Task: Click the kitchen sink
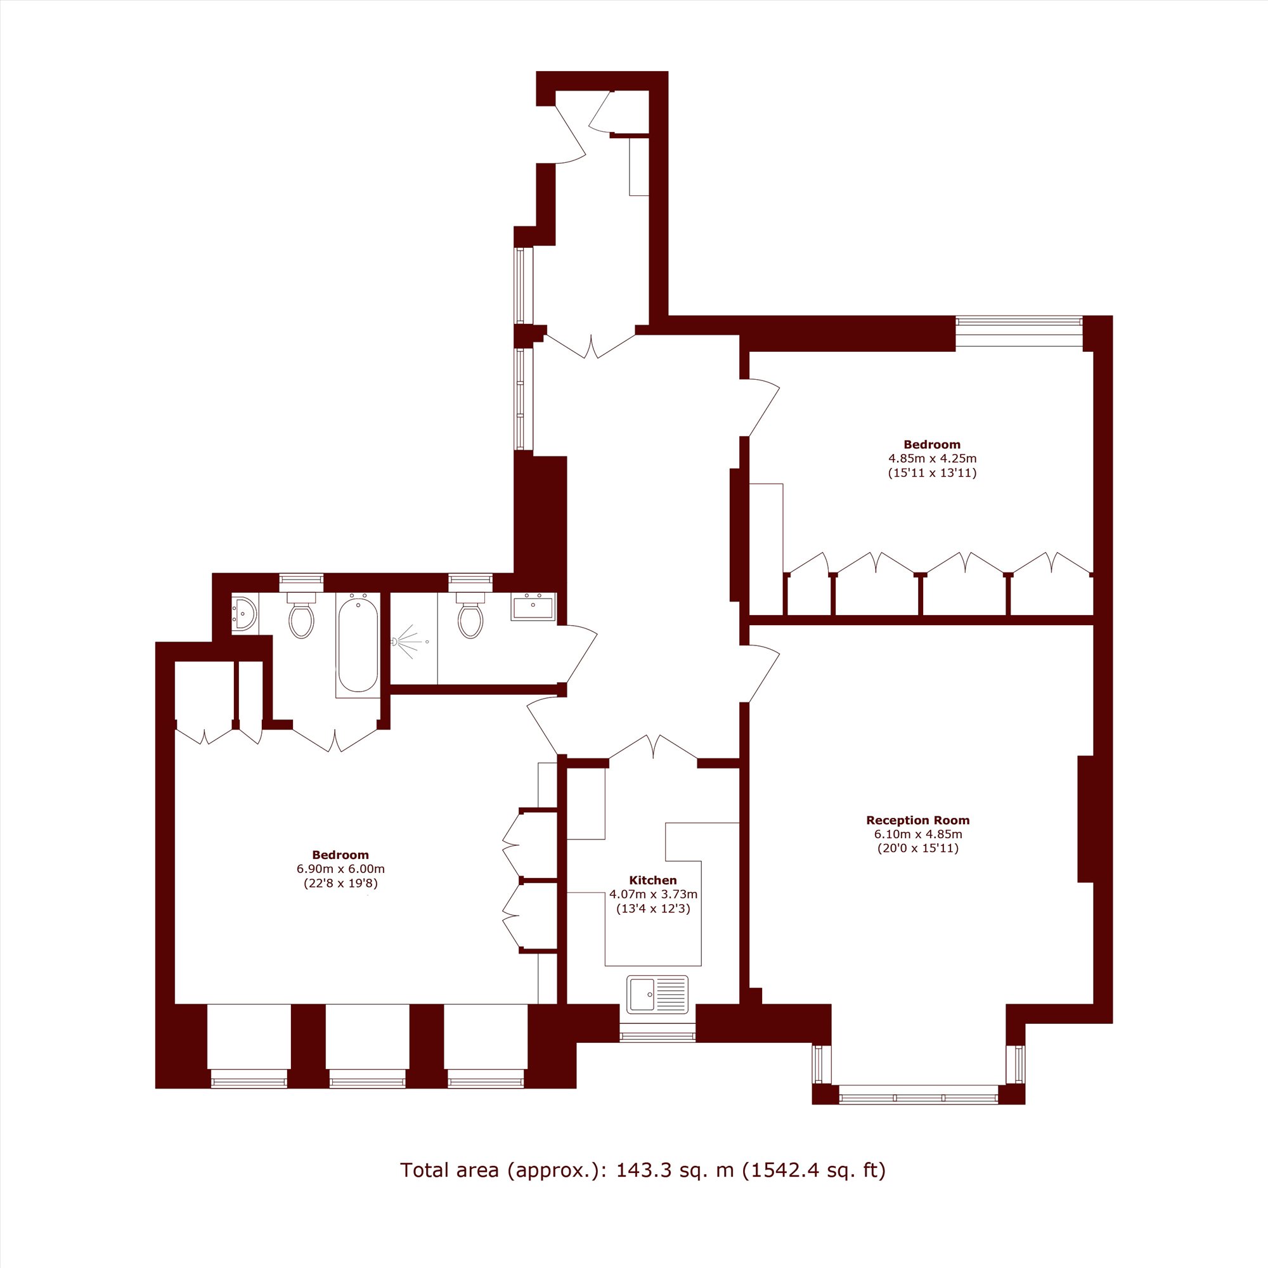click(657, 993)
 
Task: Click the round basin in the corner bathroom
click(243, 614)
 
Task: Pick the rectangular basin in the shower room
click(533, 607)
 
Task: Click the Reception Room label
click(917, 820)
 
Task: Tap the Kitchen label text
click(652, 880)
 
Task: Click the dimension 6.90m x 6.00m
click(340, 869)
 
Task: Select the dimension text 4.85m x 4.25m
click(932, 459)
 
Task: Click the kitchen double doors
click(653, 749)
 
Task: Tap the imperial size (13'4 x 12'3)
click(653, 909)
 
